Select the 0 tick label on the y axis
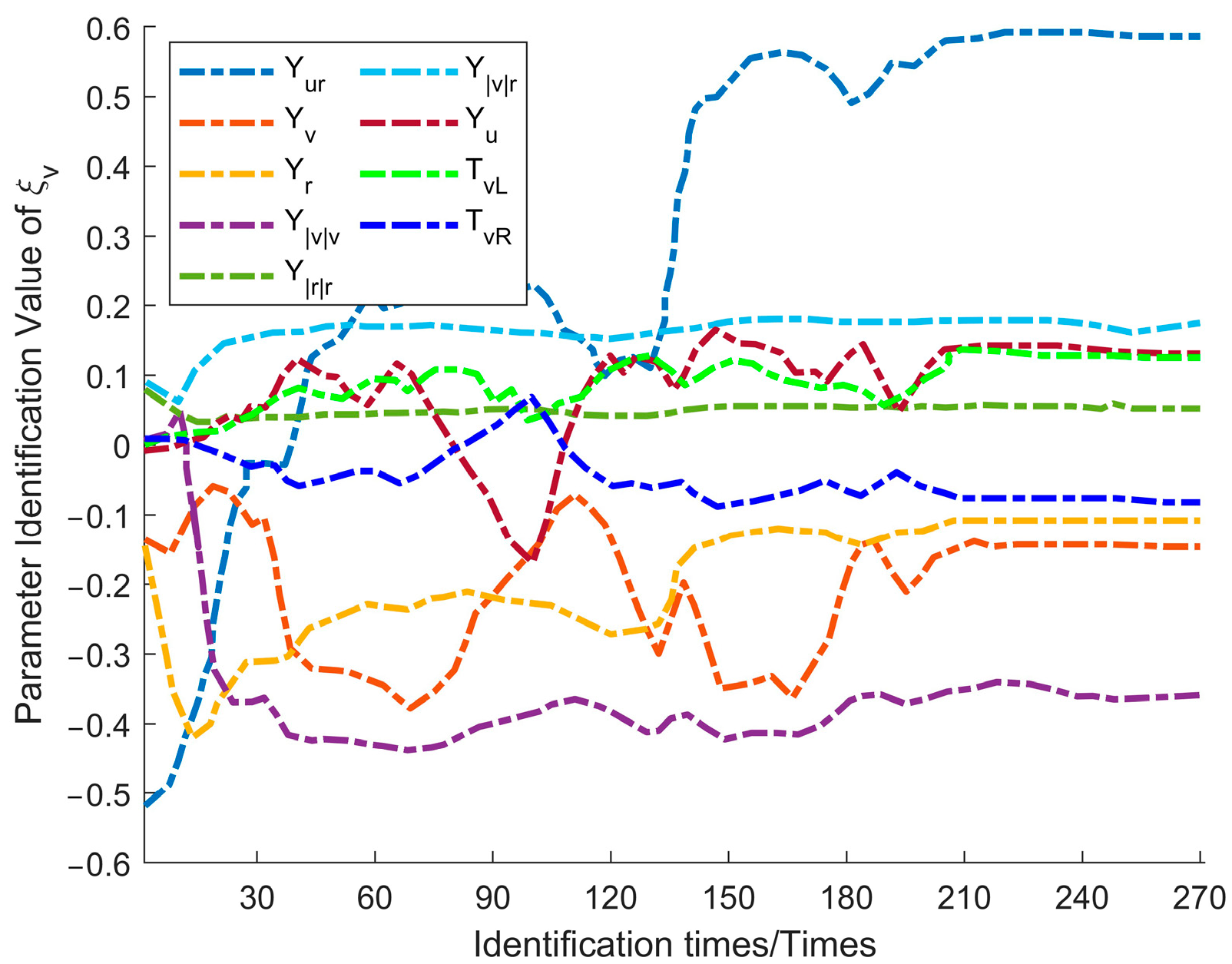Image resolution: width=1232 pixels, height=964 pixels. pos(122,446)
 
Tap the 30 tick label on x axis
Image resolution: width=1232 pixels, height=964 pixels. pos(257,898)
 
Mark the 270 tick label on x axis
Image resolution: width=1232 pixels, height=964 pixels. pos(1198,898)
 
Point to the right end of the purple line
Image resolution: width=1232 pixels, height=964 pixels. pos(1199,695)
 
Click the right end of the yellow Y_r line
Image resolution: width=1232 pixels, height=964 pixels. pos(1199,521)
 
